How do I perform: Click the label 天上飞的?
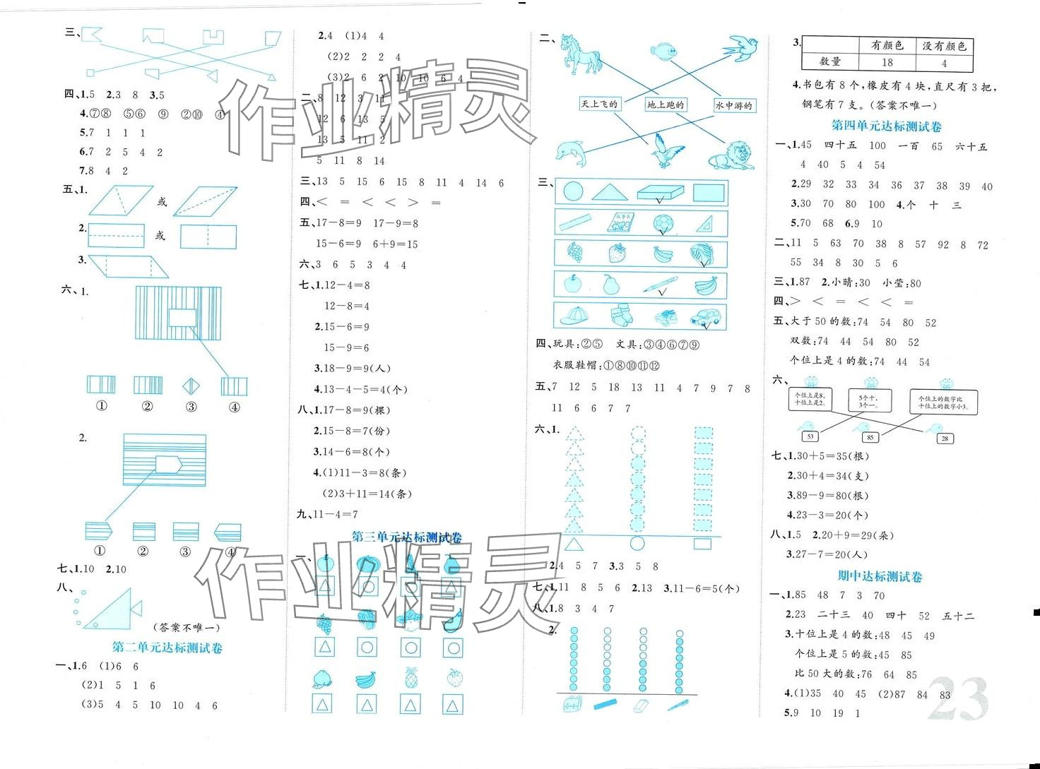(x=599, y=105)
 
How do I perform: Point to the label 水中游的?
(x=733, y=105)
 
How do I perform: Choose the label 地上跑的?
(x=666, y=105)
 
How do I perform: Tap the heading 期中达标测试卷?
(x=880, y=576)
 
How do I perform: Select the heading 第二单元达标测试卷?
(x=167, y=648)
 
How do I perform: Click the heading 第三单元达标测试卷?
(x=407, y=537)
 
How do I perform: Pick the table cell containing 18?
(x=887, y=62)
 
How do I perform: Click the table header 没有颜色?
(x=944, y=46)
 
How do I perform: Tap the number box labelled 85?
(x=870, y=437)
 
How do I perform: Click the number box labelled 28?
(x=945, y=439)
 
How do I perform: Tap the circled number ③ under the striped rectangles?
(x=191, y=407)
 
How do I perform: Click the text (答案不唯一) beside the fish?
(x=187, y=627)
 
